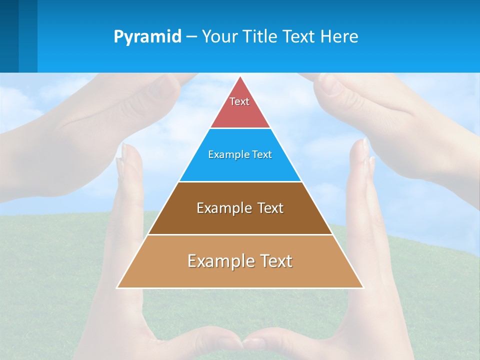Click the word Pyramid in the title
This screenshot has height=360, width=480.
click(147, 37)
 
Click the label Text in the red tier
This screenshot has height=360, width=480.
click(239, 101)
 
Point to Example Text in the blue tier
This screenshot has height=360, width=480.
click(240, 154)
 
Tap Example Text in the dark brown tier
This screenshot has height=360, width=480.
click(240, 208)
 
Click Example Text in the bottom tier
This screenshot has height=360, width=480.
click(240, 261)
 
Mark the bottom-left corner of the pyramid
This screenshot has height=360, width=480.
click(117, 287)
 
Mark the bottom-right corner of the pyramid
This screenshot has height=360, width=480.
click(363, 287)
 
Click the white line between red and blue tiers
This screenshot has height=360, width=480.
click(240, 128)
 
